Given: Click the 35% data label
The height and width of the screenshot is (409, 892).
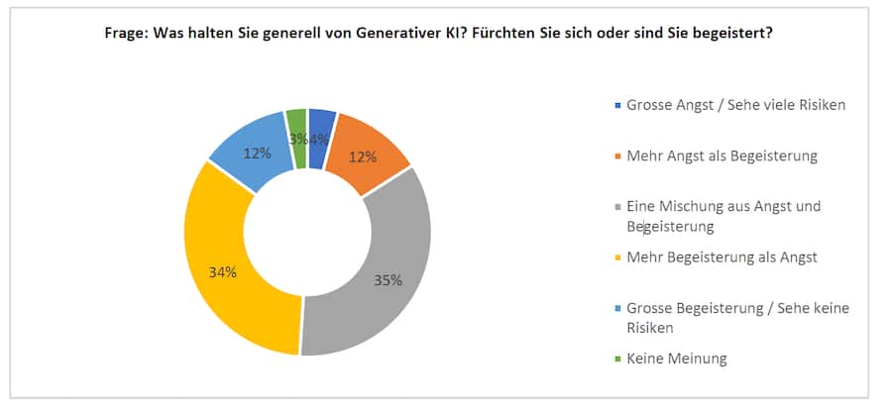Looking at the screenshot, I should (x=388, y=280).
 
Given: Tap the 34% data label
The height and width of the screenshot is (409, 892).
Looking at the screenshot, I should (x=223, y=272).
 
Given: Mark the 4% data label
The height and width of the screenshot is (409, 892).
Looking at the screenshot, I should (x=318, y=140).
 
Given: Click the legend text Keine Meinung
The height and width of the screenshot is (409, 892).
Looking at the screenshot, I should (x=676, y=358).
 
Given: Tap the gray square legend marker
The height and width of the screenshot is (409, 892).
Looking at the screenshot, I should (x=618, y=207).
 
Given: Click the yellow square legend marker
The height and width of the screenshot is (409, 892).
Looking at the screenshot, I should (x=618, y=258).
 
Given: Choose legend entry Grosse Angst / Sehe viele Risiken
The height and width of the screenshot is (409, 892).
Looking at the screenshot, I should (x=735, y=104).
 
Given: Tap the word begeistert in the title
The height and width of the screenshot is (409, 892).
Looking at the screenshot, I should (x=739, y=33).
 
